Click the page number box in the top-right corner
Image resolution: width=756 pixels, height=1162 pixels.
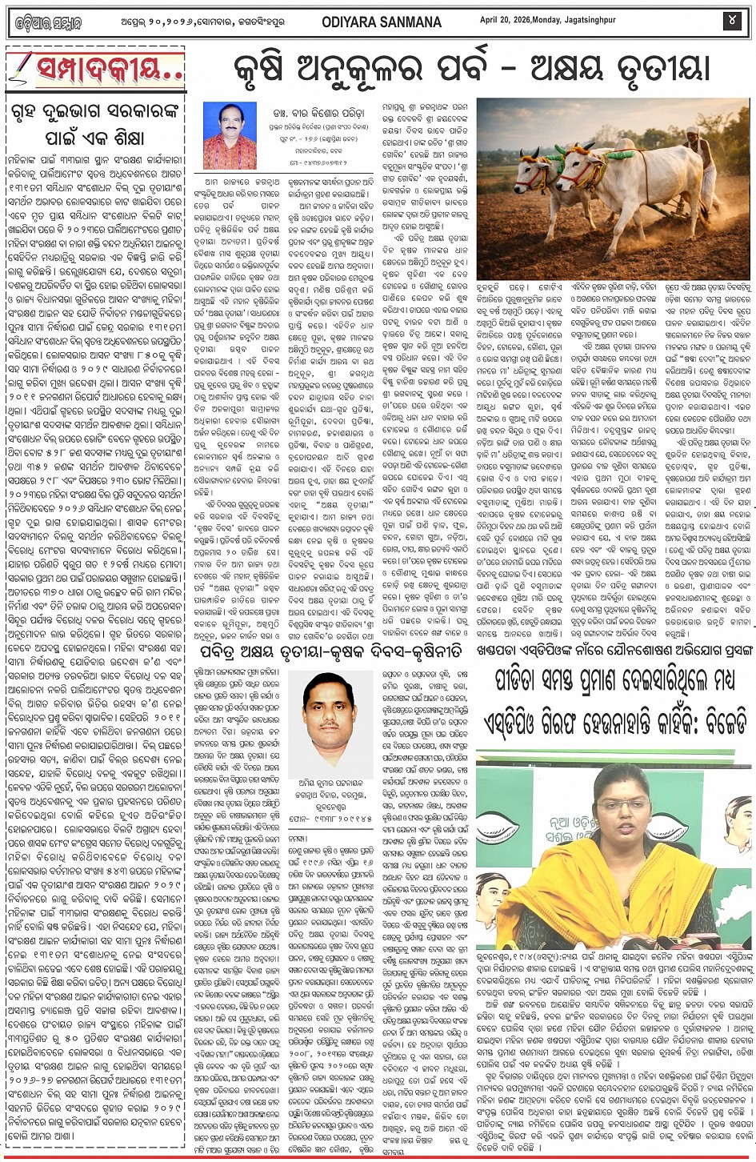tap(732, 21)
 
